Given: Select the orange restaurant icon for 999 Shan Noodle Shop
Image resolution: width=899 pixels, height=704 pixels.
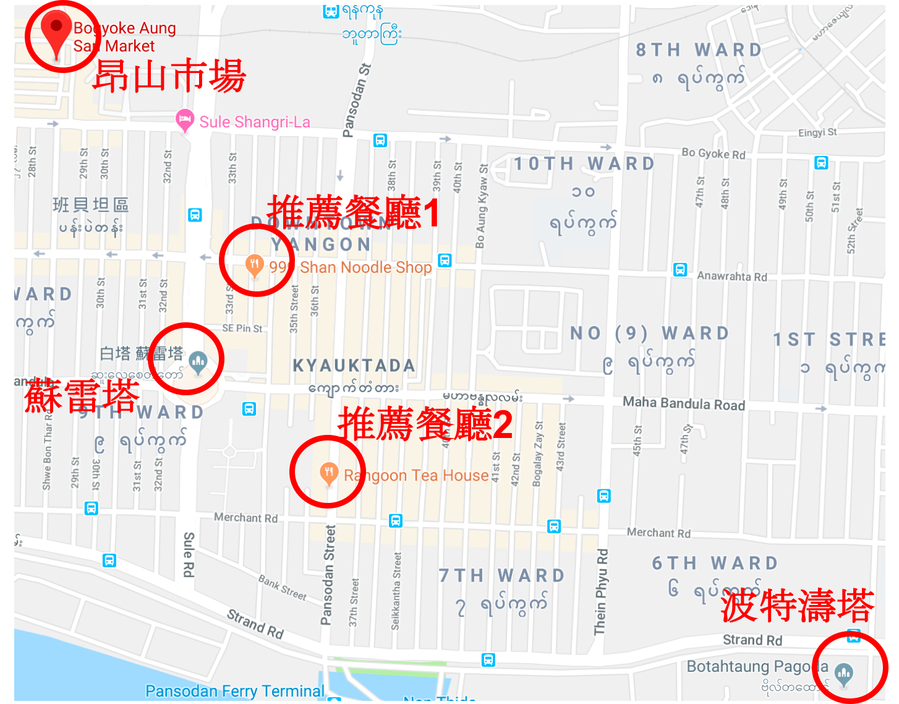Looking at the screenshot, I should (x=254, y=265).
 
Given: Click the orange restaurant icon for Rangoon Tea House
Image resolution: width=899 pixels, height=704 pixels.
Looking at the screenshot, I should (x=328, y=473).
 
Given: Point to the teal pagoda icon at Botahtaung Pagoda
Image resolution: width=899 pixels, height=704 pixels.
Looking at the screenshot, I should (x=844, y=672).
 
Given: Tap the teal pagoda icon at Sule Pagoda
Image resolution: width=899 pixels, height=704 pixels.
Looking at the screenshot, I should (x=198, y=361).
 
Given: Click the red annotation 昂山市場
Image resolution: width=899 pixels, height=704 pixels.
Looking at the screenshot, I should (x=169, y=77).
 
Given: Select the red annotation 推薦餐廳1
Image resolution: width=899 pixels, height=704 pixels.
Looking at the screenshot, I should (x=353, y=212).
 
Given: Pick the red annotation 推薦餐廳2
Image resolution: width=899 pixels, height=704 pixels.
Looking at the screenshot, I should (x=425, y=425).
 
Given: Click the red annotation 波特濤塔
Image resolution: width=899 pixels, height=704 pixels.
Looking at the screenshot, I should (x=797, y=606).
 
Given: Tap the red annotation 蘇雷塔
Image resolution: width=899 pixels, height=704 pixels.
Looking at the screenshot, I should (x=82, y=396).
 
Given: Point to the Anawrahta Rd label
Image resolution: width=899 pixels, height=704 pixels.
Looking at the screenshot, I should (x=731, y=276).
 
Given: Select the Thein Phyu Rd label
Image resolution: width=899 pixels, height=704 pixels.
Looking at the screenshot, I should (x=601, y=592).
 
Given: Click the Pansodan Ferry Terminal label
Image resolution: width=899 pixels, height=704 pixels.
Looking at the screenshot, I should (x=234, y=691).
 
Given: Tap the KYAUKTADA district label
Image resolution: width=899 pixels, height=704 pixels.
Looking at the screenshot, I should (x=354, y=366).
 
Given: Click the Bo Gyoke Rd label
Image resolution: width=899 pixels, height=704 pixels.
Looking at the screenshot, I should (x=713, y=153).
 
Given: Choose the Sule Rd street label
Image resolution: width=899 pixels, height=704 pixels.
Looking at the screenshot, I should (x=189, y=554).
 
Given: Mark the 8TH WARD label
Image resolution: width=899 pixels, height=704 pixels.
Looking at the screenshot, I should (x=698, y=50).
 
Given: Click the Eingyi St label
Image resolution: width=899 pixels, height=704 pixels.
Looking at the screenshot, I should (x=817, y=132).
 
